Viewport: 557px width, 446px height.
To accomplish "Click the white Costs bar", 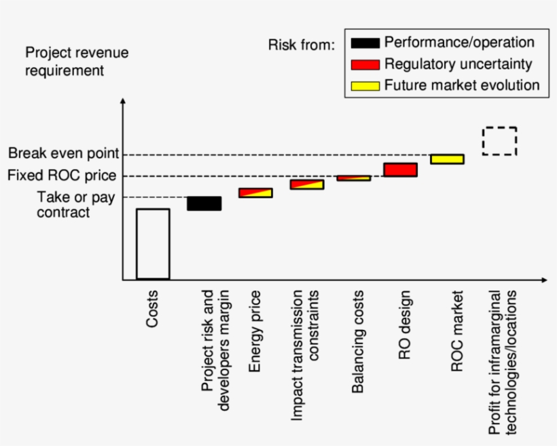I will click(152, 244).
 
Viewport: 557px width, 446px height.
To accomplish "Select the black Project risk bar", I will click(204, 204).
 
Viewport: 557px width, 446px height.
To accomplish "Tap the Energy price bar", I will click(255, 193).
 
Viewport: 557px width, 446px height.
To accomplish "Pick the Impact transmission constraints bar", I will click(306, 184).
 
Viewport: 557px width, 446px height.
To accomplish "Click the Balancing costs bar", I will click(354, 178).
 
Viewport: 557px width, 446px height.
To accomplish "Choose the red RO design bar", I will click(400, 170).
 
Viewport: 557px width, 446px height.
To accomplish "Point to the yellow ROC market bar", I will click(447, 159).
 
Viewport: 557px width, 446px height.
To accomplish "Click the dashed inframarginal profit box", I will click(499, 141).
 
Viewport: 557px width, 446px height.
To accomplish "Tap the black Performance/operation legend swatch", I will click(365, 43).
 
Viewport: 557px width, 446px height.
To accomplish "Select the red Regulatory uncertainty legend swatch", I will click(365, 64).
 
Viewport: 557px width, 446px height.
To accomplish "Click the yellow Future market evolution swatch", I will click(365, 86).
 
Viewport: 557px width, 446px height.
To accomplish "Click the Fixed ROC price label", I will click(62, 176).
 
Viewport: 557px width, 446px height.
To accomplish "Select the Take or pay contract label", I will click(63, 204).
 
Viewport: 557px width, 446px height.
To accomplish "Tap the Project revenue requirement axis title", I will click(76, 61).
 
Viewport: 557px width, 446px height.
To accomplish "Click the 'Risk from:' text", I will click(302, 45).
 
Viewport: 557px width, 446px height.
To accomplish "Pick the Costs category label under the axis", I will click(152, 309).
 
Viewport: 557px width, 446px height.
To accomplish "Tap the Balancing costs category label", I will click(358, 341).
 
